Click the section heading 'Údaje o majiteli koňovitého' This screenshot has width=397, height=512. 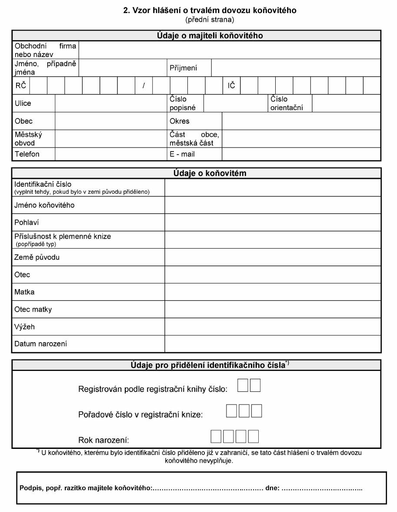click(x=210, y=36)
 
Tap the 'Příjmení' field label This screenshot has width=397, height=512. click(x=183, y=67)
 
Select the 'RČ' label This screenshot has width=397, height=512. click(x=20, y=85)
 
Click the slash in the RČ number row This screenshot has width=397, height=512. click(x=143, y=85)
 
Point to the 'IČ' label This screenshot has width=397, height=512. click(x=231, y=85)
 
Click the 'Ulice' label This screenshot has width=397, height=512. click(x=23, y=103)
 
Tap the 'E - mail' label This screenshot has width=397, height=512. click(x=182, y=154)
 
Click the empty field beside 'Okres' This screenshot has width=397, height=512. click(x=301, y=121)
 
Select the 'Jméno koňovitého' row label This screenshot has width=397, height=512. click(x=44, y=205)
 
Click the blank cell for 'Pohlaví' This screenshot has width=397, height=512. click(x=272, y=222)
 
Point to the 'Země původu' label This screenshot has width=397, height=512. click(x=37, y=257)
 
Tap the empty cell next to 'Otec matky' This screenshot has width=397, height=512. click(x=272, y=310)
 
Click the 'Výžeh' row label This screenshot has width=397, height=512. click(x=24, y=327)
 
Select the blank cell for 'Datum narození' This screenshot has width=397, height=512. click(x=272, y=344)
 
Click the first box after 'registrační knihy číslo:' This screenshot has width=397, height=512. click(x=243, y=386)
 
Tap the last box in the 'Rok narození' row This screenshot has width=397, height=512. click(x=253, y=436)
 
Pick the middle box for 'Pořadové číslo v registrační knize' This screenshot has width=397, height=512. click(x=244, y=411)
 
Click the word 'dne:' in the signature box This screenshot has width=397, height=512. click(x=272, y=488)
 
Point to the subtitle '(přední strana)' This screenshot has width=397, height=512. click(x=210, y=20)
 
